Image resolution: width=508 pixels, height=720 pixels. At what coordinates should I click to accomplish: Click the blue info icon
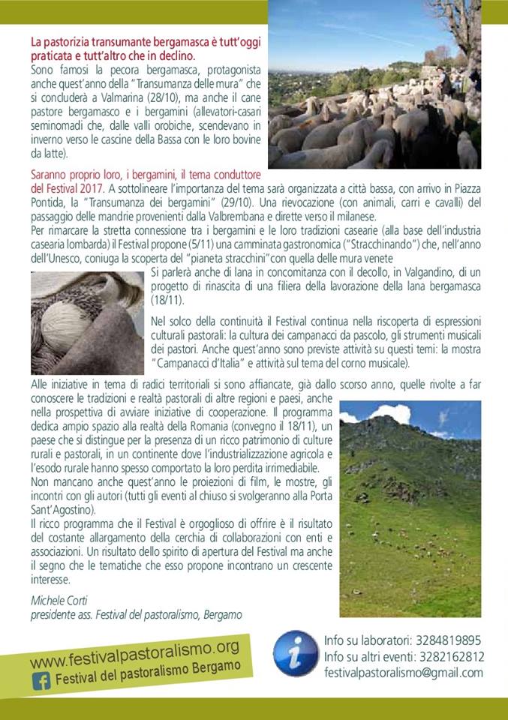click(x=296, y=653)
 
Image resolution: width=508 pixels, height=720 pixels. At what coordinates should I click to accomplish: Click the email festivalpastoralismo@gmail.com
click(x=403, y=673)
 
